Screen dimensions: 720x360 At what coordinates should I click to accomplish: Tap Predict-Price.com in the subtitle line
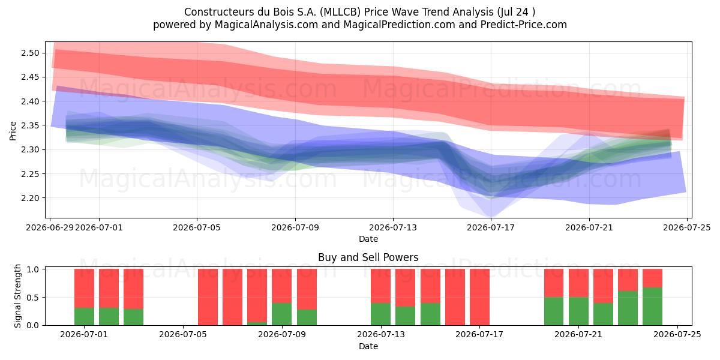pyautogui.click(x=524, y=25)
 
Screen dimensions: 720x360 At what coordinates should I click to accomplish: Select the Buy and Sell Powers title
pyautogui.click(x=368, y=257)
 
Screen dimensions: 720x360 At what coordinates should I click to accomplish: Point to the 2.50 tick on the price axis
pyautogui.click(x=30, y=53)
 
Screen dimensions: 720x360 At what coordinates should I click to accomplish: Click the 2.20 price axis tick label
pyautogui.click(x=30, y=198)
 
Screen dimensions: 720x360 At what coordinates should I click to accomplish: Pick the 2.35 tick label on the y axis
pyautogui.click(x=30, y=125)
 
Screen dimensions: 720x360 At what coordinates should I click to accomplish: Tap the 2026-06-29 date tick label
pyautogui.click(x=50, y=227)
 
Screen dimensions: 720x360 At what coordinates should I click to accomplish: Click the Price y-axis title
pyautogui.click(x=13, y=131)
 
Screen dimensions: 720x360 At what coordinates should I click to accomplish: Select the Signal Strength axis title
pyautogui.click(x=17, y=296)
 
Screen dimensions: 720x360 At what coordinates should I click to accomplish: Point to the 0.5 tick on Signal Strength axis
pyautogui.click(x=34, y=298)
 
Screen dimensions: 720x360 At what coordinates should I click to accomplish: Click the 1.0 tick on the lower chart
pyautogui.click(x=34, y=269)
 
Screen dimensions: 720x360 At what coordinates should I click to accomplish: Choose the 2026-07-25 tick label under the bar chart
pyautogui.click(x=677, y=335)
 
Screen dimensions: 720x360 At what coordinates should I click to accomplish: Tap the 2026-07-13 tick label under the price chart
pyautogui.click(x=393, y=227)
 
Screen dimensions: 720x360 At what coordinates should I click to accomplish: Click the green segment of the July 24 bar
pyautogui.click(x=653, y=307)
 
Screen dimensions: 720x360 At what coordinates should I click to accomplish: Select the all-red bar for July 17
pyautogui.click(x=479, y=297)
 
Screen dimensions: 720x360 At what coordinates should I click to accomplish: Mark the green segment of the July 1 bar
pyautogui.click(x=84, y=317)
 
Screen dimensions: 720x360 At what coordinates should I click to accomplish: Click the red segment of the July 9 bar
pyautogui.click(x=282, y=286)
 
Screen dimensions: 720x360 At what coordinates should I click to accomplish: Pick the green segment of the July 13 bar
pyautogui.click(x=380, y=314)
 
